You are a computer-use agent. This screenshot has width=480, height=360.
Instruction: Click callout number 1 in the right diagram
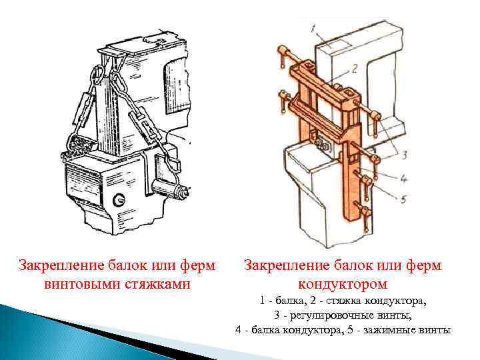[x=313, y=29]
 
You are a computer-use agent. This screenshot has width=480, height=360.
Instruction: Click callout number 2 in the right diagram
[x=354, y=69]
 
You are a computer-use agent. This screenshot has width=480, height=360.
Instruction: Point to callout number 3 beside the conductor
[x=404, y=155]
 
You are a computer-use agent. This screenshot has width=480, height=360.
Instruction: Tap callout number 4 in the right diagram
[x=403, y=179]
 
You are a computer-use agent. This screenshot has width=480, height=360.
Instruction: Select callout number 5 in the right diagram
[x=403, y=199]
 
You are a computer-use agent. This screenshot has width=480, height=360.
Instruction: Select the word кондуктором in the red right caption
[x=343, y=284]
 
